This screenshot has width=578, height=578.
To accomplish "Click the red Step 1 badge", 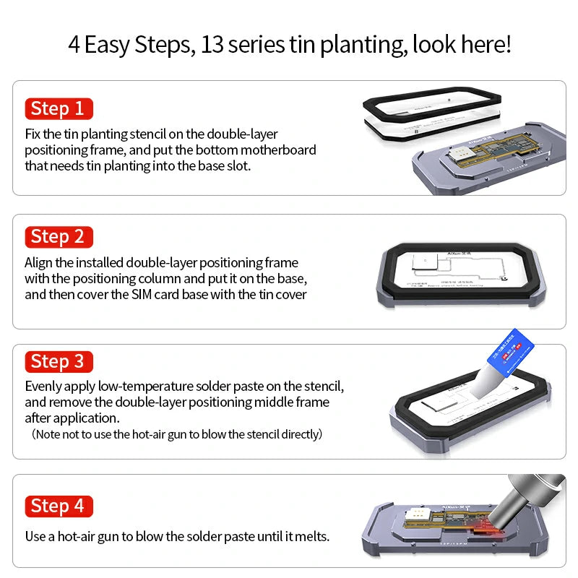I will coord(58,109).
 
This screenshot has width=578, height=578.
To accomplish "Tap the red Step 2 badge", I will coord(58,236).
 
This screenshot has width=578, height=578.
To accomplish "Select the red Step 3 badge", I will coord(58,362).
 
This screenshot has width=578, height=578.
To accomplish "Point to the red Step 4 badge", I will coord(58,506).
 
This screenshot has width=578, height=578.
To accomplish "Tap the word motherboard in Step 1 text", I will coord(280,150).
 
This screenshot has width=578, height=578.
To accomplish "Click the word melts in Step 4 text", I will coord(311,537).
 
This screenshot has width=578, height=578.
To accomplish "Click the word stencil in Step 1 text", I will coord(150,134).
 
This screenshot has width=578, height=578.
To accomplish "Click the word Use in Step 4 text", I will coord(35,537).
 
